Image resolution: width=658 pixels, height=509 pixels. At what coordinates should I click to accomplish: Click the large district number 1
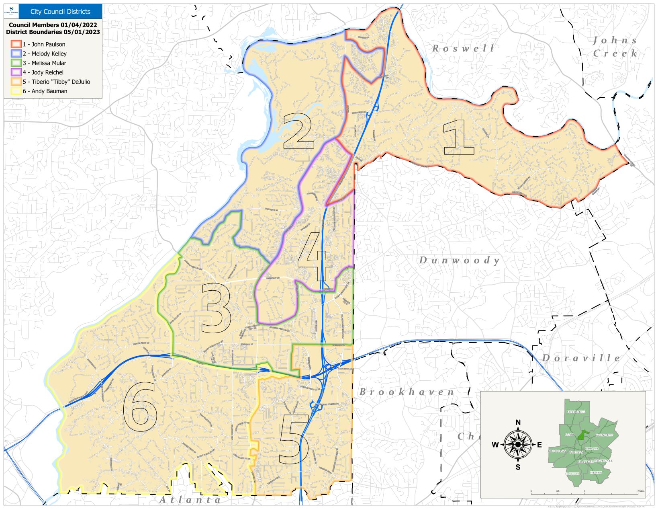coord(459,138)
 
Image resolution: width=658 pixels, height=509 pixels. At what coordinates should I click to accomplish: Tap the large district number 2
coord(298,131)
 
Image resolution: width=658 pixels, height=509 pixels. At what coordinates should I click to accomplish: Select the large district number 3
coord(216,308)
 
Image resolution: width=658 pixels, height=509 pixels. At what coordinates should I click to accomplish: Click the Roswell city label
coord(463,49)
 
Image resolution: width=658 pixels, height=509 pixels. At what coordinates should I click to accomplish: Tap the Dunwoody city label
coord(459,261)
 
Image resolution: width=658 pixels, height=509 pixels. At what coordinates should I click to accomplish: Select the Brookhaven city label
coord(407,392)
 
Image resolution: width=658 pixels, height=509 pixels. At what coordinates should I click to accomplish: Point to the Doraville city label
coord(581,358)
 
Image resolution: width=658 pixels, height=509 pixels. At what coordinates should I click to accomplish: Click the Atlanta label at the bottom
coord(190,500)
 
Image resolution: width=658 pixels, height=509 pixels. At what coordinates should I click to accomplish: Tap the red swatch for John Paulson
coord(16,44)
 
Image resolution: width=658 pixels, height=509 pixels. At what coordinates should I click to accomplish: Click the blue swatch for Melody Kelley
coord(16,53)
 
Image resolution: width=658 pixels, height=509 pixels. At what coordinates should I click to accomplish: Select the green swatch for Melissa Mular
coord(16,63)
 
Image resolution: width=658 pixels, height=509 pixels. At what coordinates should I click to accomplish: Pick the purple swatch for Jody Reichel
coord(16,72)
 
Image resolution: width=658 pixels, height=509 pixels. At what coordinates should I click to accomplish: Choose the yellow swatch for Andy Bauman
coord(16,91)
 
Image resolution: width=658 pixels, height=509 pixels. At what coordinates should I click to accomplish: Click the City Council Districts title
coord(60,12)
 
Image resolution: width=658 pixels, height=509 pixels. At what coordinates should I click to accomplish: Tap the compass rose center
coord(518,445)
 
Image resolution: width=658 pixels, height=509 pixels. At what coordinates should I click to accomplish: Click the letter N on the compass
coord(518,423)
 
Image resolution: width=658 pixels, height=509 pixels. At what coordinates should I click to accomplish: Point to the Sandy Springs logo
coord(11,11)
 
